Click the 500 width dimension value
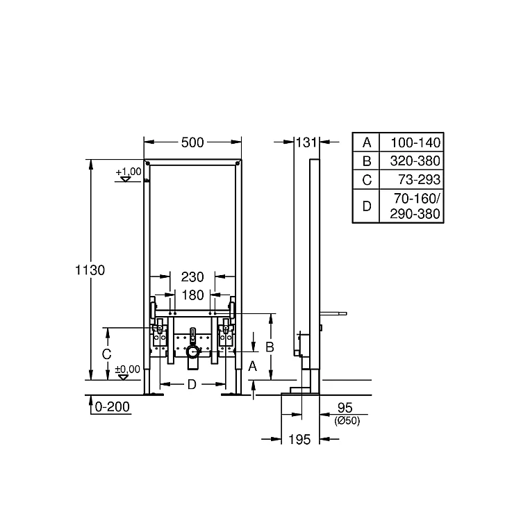[192, 142]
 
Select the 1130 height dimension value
[90, 270]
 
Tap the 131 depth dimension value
[306, 142]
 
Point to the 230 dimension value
[192, 276]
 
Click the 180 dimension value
[192, 295]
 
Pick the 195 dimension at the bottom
[299, 439]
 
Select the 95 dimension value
[345, 408]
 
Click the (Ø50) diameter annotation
[347, 421]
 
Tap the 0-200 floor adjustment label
[113, 406]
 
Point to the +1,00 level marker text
[129, 172]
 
